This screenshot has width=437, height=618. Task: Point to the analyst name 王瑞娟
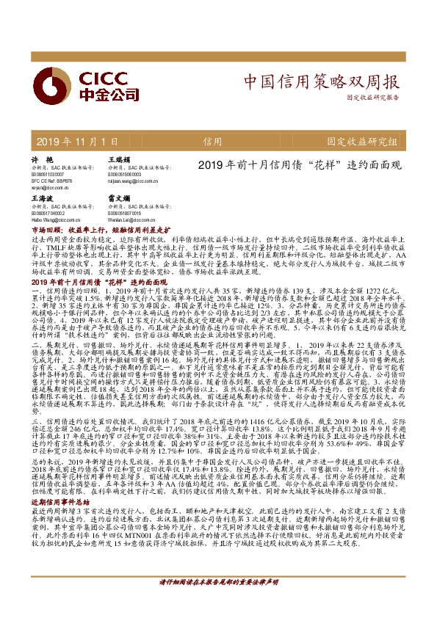119,159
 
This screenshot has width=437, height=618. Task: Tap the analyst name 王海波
43,198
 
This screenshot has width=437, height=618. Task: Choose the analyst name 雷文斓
119,198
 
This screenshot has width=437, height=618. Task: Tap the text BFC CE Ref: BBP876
51,178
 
